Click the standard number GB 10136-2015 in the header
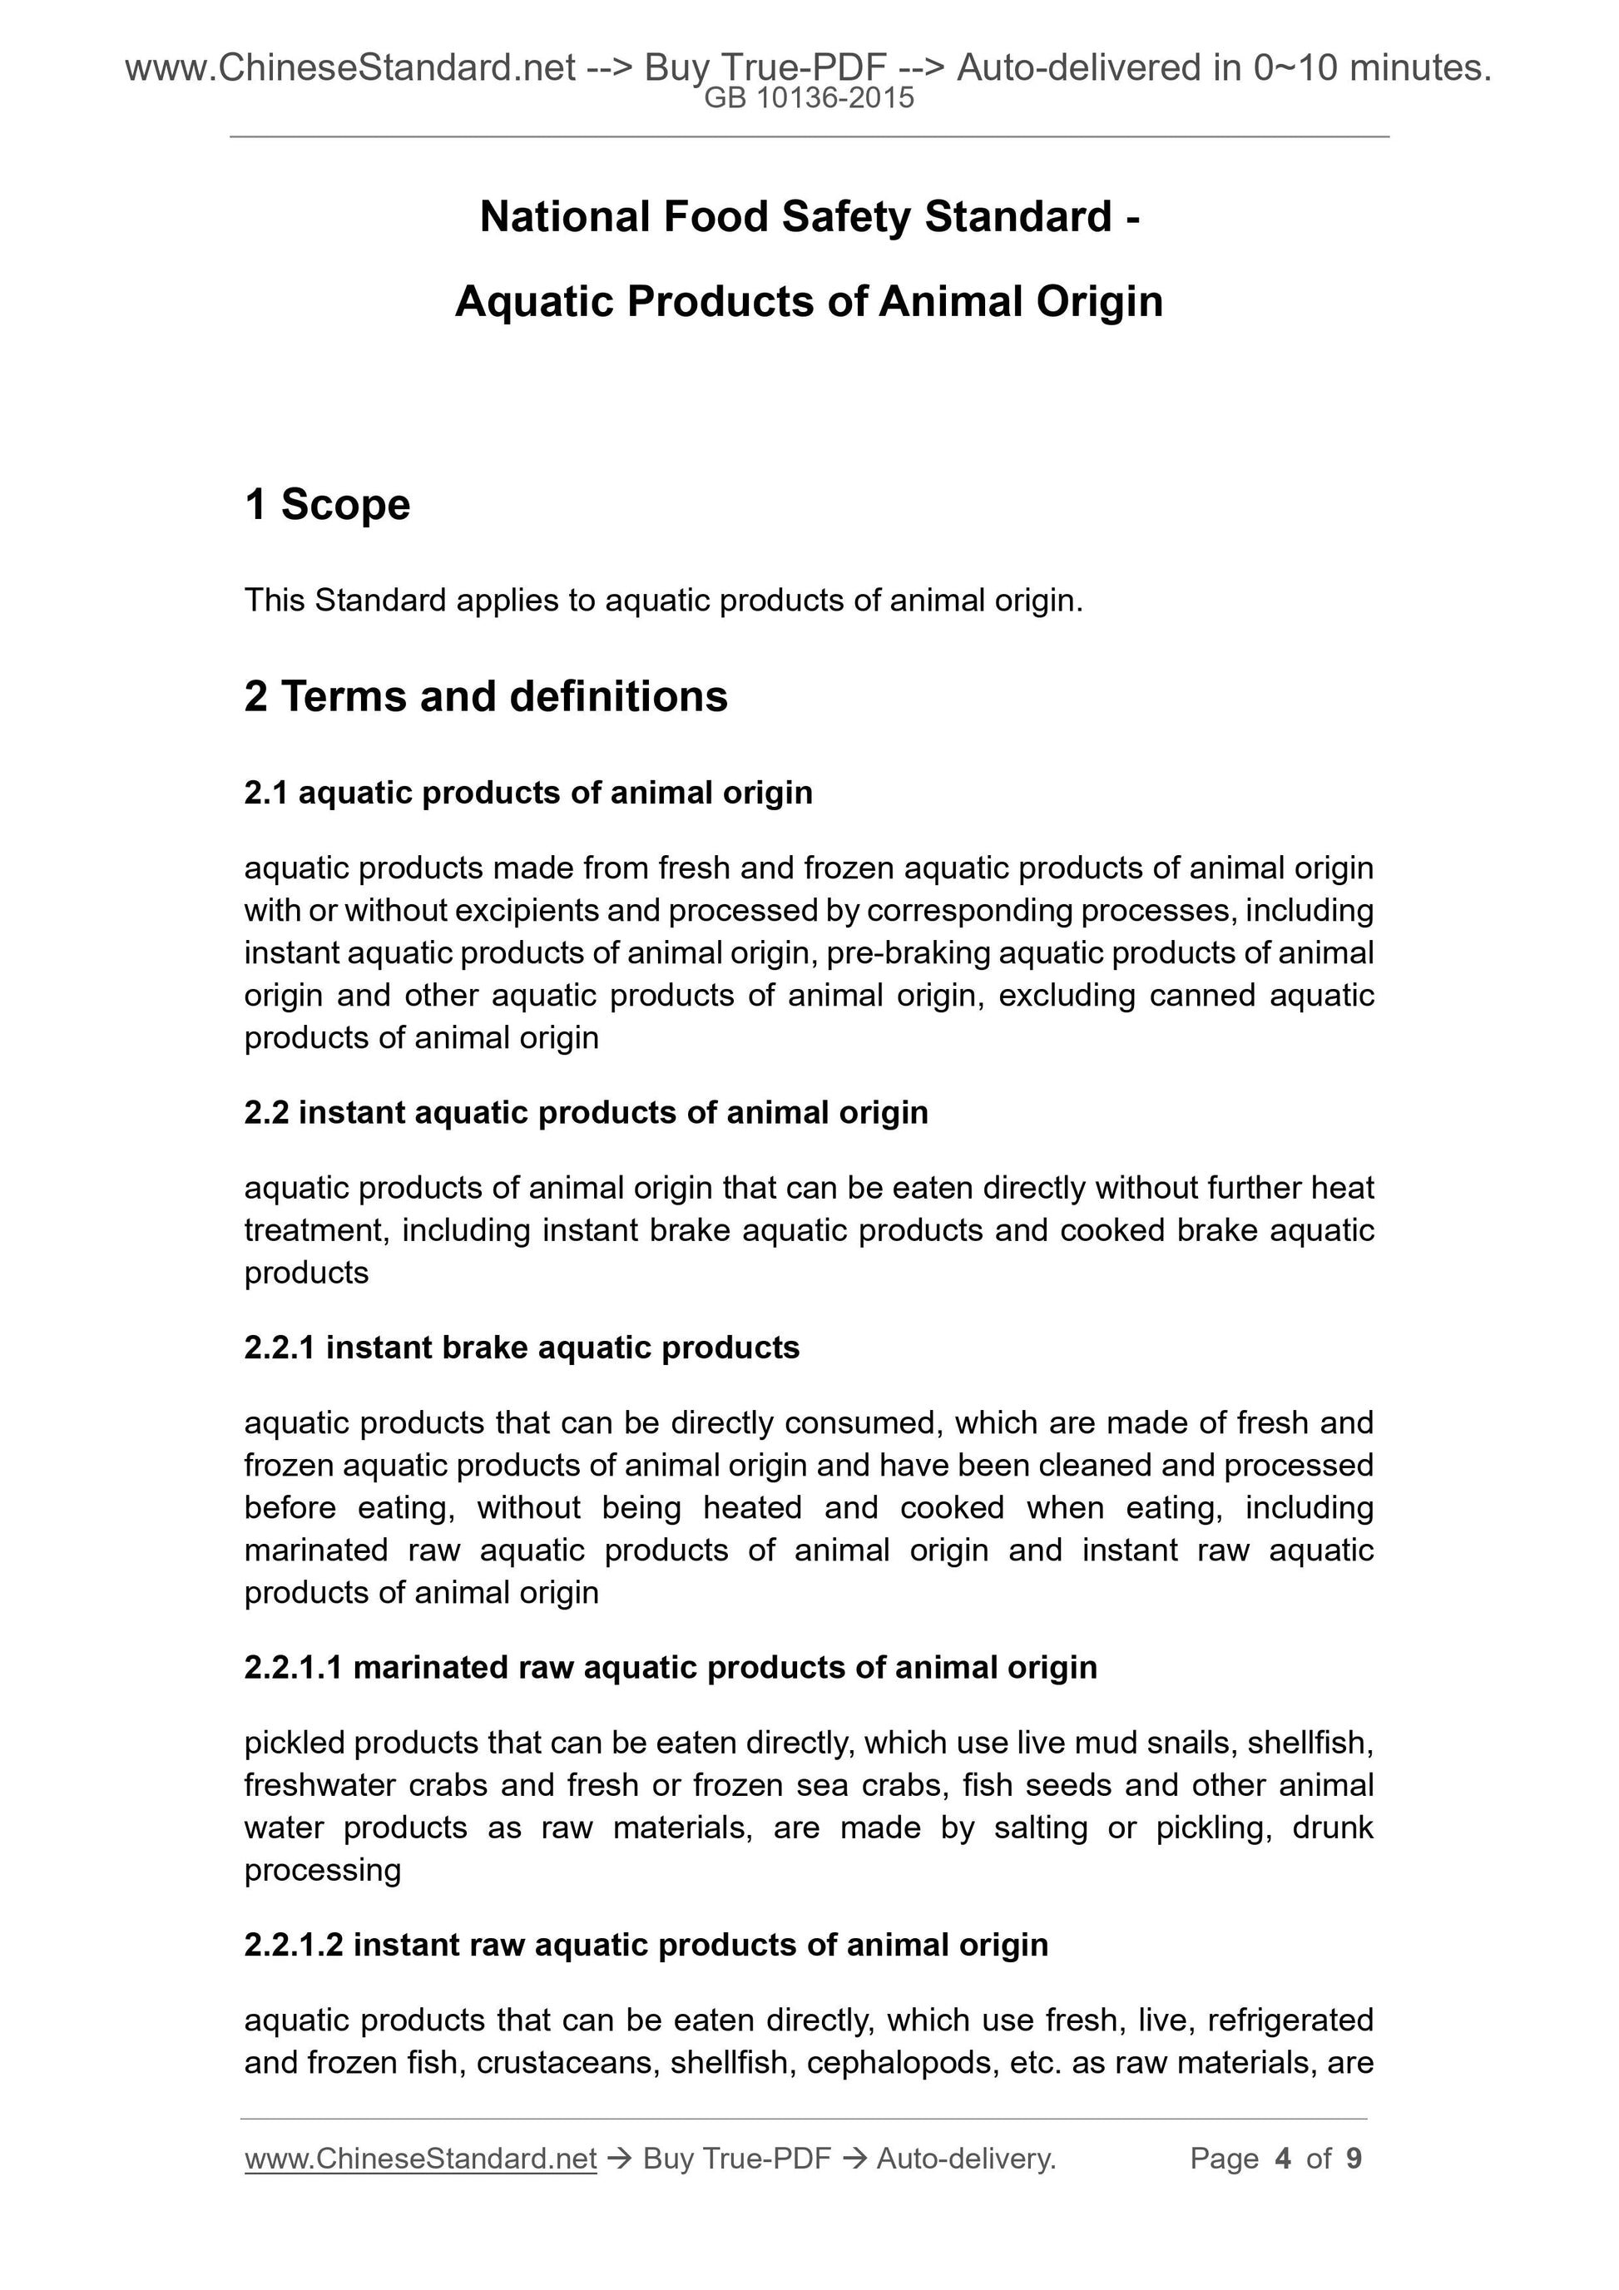point(808,99)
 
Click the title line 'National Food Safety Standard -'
point(809,216)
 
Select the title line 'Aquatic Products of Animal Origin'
point(809,302)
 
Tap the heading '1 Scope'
point(327,505)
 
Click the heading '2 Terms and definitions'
point(486,696)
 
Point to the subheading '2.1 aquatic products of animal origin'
point(527,793)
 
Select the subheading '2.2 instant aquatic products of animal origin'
point(586,1112)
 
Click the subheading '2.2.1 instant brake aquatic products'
point(522,1348)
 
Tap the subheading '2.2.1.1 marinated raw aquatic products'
point(671,1667)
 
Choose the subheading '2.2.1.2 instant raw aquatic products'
point(646,1944)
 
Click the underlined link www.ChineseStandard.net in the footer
point(420,2159)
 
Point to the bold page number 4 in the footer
point(1283,2159)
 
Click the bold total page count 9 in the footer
point(1354,2159)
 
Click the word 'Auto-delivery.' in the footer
point(966,2159)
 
